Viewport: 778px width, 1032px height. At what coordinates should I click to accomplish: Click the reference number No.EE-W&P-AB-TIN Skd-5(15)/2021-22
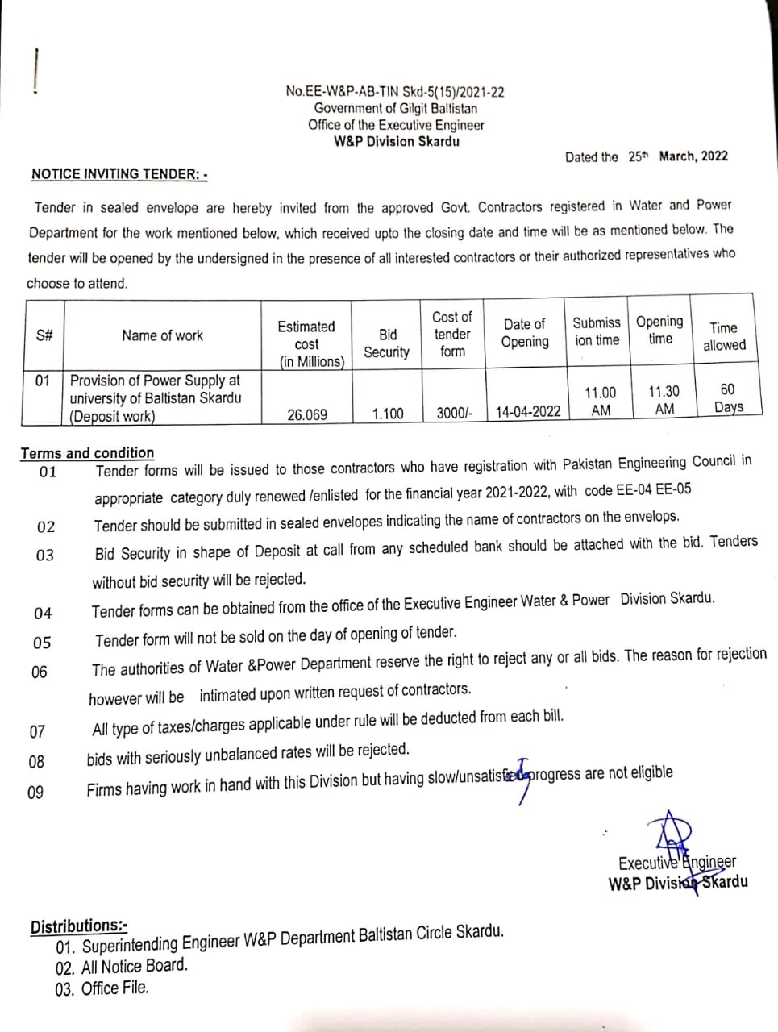pyautogui.click(x=395, y=92)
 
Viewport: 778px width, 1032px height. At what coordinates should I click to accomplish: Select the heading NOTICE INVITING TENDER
pyautogui.click(x=119, y=173)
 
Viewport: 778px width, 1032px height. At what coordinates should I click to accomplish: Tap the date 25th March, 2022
pyautogui.click(x=677, y=156)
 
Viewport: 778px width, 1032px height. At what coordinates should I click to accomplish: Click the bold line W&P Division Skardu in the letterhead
pyautogui.click(x=396, y=141)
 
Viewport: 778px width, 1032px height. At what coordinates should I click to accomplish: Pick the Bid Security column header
pyautogui.click(x=387, y=343)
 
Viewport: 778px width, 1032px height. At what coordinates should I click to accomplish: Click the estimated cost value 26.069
pyautogui.click(x=307, y=414)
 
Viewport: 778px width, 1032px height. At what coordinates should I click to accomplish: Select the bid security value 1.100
pyautogui.click(x=388, y=414)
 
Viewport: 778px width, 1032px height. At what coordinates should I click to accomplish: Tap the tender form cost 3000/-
pyautogui.click(x=455, y=413)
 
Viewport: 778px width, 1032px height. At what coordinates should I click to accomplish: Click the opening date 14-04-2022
pyautogui.click(x=528, y=411)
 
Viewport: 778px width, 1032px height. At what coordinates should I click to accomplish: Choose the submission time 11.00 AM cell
pyautogui.click(x=600, y=402)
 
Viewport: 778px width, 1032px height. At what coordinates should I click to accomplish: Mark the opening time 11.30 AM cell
pyautogui.click(x=664, y=400)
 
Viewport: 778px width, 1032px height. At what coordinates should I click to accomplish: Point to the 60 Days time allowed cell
pyautogui.click(x=727, y=398)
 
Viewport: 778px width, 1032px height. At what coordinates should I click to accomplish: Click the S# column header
pyautogui.click(x=44, y=336)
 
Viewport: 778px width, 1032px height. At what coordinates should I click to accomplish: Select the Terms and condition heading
pyautogui.click(x=87, y=453)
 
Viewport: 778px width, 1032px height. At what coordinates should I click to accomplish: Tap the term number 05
pyautogui.click(x=42, y=643)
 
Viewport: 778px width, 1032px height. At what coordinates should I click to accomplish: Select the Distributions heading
pyautogui.click(x=78, y=926)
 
